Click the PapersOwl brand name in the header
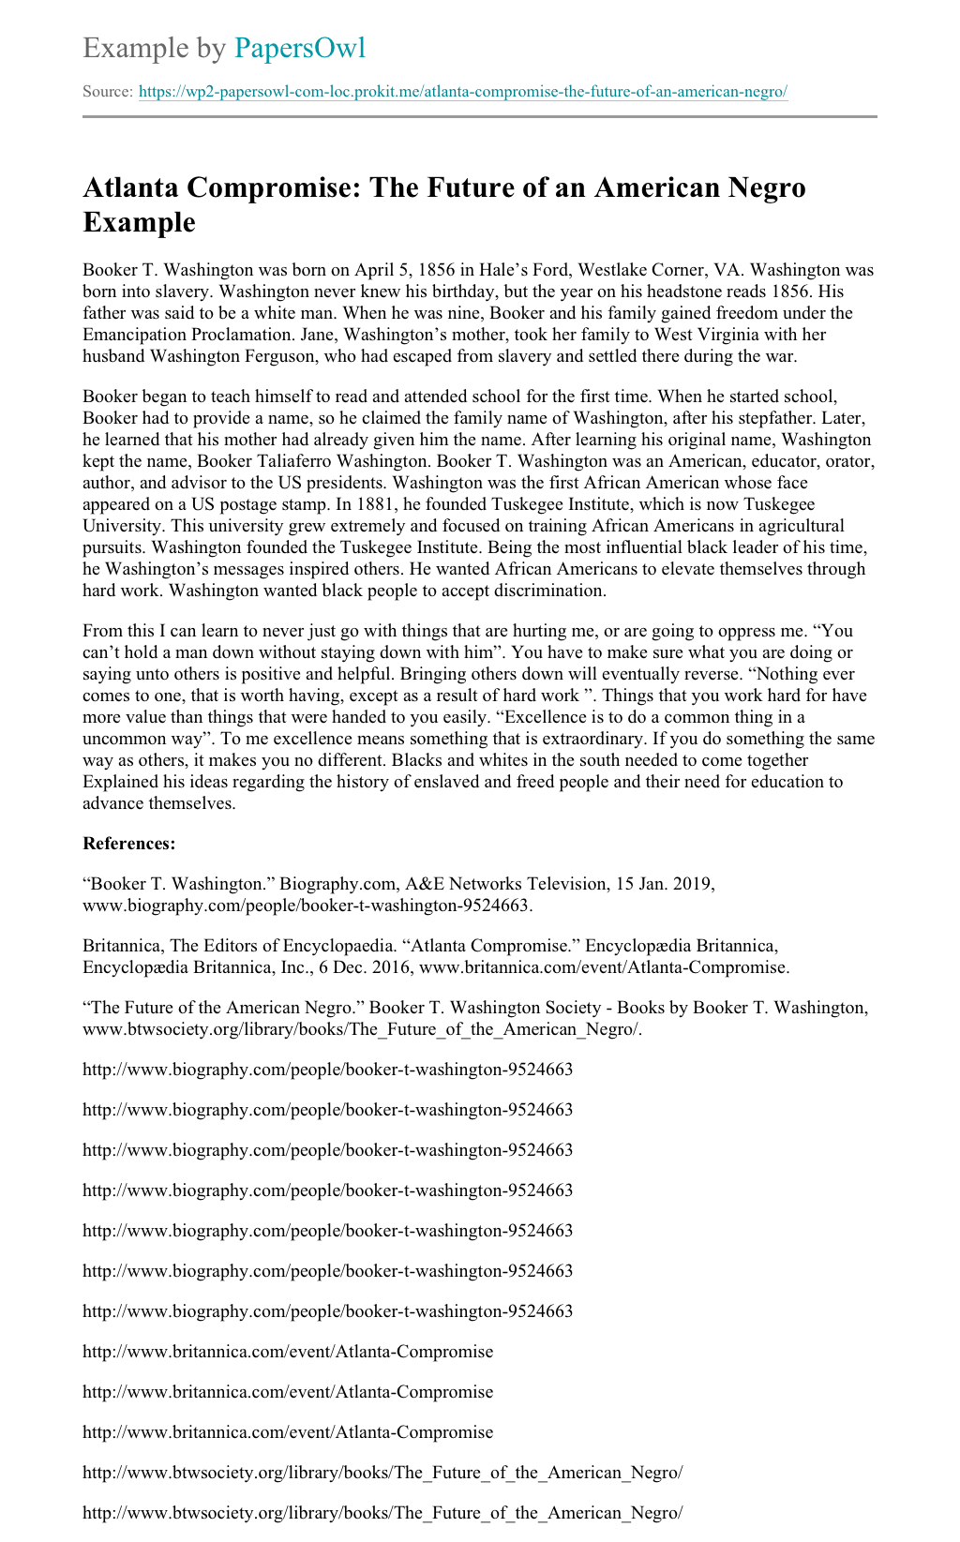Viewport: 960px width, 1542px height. pos(299,48)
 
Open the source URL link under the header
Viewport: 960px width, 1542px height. pos(462,92)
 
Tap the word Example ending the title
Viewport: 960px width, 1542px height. pos(139,222)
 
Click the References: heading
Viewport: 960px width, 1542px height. pos(129,844)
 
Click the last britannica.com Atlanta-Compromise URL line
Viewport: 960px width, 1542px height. pos(288,1432)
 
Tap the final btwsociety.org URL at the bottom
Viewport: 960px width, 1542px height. pos(382,1513)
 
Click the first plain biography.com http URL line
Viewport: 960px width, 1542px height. pos(327,1070)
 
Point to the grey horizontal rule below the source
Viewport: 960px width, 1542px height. pos(480,117)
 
